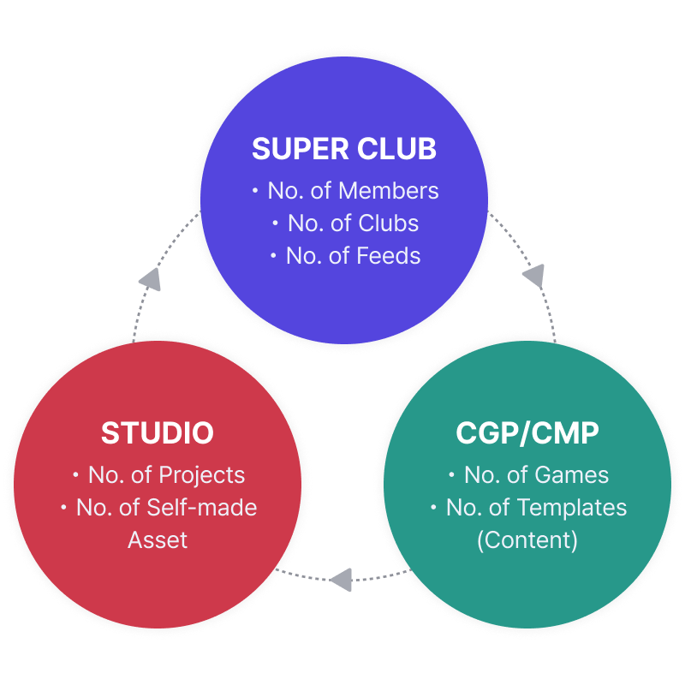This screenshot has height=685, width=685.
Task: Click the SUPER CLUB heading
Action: click(x=344, y=149)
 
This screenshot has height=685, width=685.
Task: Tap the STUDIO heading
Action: click(x=158, y=433)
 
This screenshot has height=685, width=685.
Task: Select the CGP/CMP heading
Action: click(x=527, y=433)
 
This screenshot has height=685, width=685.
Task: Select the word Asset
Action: click(x=158, y=539)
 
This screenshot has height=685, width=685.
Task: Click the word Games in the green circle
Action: click(x=571, y=475)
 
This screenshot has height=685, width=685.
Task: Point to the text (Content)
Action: click(x=527, y=540)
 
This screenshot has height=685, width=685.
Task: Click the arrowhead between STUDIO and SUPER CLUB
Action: click(x=150, y=279)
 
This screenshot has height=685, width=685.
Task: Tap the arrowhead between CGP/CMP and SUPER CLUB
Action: click(x=533, y=276)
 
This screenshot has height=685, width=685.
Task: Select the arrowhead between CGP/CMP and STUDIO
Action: click(x=341, y=579)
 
